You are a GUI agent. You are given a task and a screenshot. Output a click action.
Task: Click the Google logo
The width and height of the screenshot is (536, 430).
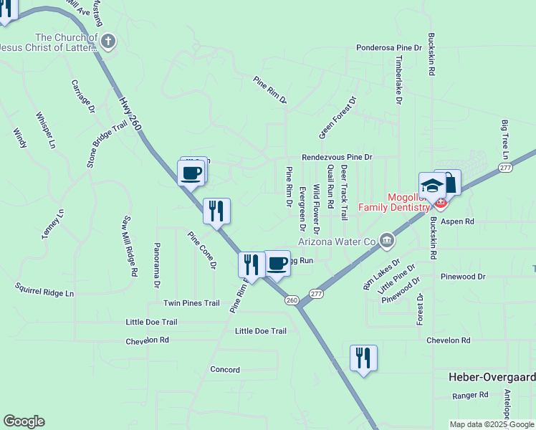[24, 421]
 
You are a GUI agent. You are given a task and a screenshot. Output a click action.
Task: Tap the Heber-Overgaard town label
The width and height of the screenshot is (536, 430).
[492, 377]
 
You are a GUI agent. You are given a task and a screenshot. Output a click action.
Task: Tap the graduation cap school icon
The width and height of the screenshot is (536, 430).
[432, 186]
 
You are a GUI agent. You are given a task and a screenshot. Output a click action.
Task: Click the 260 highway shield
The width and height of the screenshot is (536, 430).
[292, 300]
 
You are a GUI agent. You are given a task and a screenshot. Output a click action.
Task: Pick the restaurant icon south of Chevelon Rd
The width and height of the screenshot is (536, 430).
[363, 357]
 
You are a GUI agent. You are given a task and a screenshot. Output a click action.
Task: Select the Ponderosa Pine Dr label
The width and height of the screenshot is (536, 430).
[389, 48]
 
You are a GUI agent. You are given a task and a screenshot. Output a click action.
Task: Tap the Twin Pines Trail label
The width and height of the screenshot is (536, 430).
[191, 303]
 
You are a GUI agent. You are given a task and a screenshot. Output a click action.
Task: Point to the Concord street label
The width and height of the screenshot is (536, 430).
[224, 369]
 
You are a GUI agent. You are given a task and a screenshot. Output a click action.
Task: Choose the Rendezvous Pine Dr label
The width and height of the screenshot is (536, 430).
[337, 156]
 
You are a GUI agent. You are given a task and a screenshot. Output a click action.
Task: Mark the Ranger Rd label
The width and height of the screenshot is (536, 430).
[470, 395]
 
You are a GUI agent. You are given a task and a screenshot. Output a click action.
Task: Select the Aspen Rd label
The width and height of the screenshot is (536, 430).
[459, 222]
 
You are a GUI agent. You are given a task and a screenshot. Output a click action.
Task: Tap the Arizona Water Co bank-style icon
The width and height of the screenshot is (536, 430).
[387, 239]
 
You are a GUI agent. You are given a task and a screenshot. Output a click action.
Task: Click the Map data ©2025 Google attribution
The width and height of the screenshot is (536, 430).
[492, 424]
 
